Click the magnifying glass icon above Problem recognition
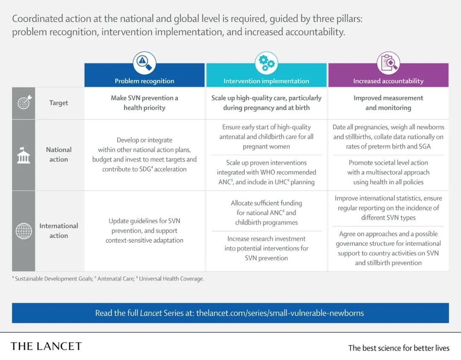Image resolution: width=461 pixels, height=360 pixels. click(144, 63)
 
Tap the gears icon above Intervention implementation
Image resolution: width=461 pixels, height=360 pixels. click(266, 63)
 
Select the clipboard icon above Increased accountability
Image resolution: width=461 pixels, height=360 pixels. click(388, 63)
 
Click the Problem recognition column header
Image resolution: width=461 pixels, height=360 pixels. click(144, 81)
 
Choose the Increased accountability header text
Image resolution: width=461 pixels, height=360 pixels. click(388, 81)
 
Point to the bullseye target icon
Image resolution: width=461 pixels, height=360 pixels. click(24, 102)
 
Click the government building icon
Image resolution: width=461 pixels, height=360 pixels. click(23, 155)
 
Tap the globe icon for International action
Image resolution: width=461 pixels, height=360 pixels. click(23, 231)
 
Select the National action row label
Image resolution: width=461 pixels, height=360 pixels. click(59, 155)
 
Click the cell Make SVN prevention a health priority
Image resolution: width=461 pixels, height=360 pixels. click(144, 102)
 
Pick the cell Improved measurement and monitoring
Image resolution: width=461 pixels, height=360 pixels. click(388, 102)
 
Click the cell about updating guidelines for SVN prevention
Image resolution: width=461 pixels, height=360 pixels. click(144, 231)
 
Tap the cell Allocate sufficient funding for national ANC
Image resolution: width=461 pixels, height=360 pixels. click(266, 213)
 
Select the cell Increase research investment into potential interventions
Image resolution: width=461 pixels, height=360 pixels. click(266, 248)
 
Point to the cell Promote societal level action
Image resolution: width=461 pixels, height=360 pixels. click(388, 173)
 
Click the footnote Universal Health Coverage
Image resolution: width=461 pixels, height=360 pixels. click(171, 278)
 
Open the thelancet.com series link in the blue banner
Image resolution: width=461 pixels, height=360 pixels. click(280, 313)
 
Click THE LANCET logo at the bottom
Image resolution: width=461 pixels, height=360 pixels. click(46, 346)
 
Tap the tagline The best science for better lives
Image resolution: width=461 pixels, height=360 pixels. click(399, 348)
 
